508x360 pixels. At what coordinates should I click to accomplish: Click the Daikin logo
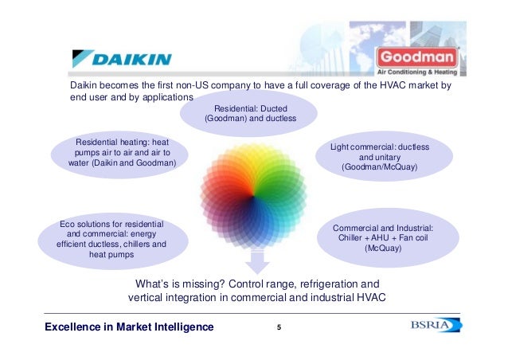click(x=120, y=57)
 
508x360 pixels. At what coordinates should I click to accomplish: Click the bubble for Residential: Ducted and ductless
click(x=249, y=112)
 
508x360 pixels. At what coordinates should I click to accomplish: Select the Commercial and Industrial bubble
click(x=383, y=238)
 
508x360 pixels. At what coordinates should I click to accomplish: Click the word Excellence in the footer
click(x=73, y=327)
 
